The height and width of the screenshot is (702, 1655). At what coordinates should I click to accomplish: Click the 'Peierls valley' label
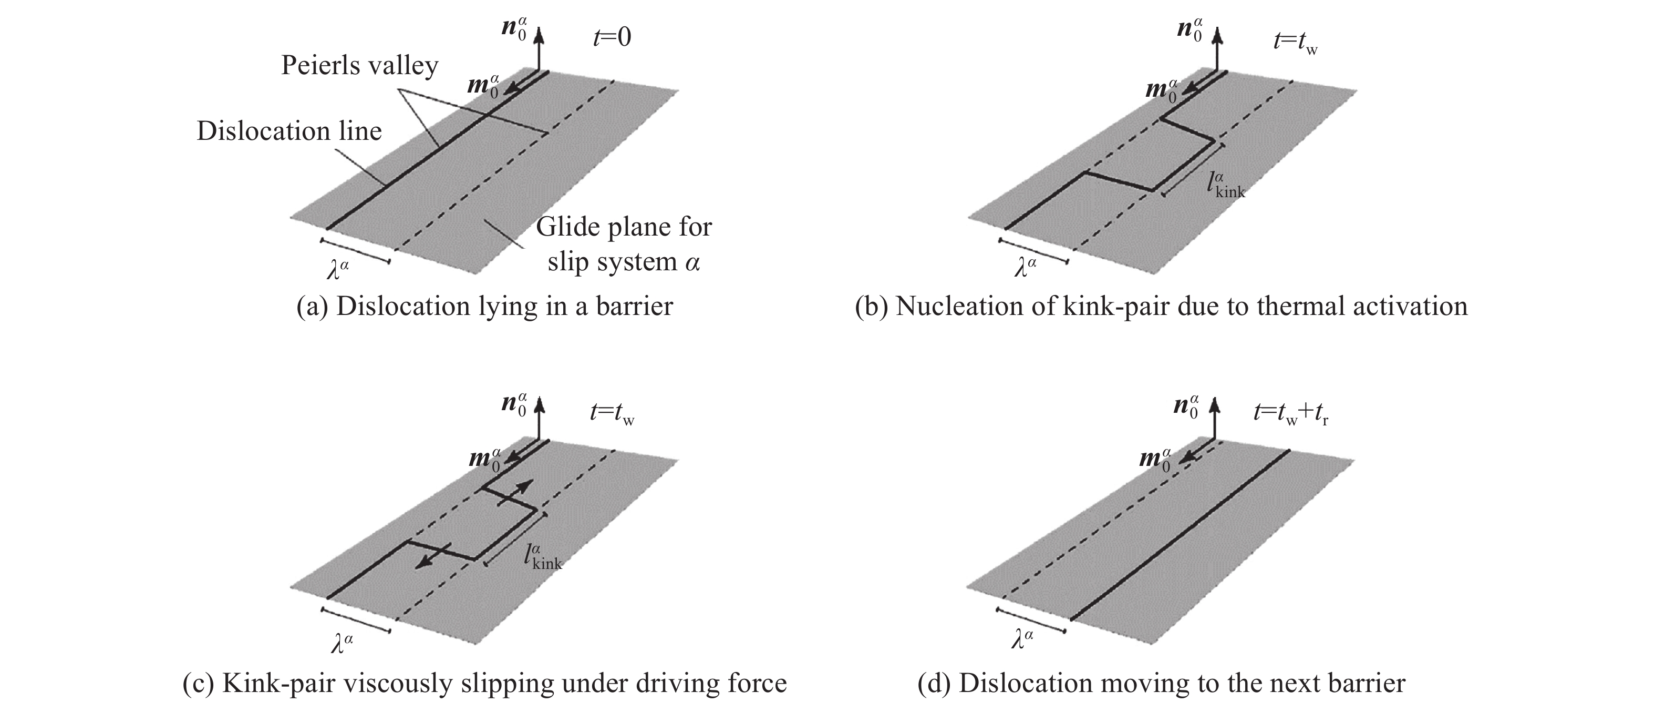359,66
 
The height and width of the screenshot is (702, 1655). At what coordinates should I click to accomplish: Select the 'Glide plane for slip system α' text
623,245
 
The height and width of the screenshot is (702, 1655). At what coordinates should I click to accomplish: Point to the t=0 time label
612,37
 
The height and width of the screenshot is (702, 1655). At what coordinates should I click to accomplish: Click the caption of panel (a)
484,306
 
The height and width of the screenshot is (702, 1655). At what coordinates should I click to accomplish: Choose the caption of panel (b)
1161,306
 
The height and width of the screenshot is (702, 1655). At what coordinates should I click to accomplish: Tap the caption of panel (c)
484,683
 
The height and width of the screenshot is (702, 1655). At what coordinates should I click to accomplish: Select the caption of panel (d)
1162,683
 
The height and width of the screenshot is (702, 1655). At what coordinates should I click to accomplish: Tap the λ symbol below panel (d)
1021,638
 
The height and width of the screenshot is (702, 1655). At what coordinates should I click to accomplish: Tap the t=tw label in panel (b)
1295,43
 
